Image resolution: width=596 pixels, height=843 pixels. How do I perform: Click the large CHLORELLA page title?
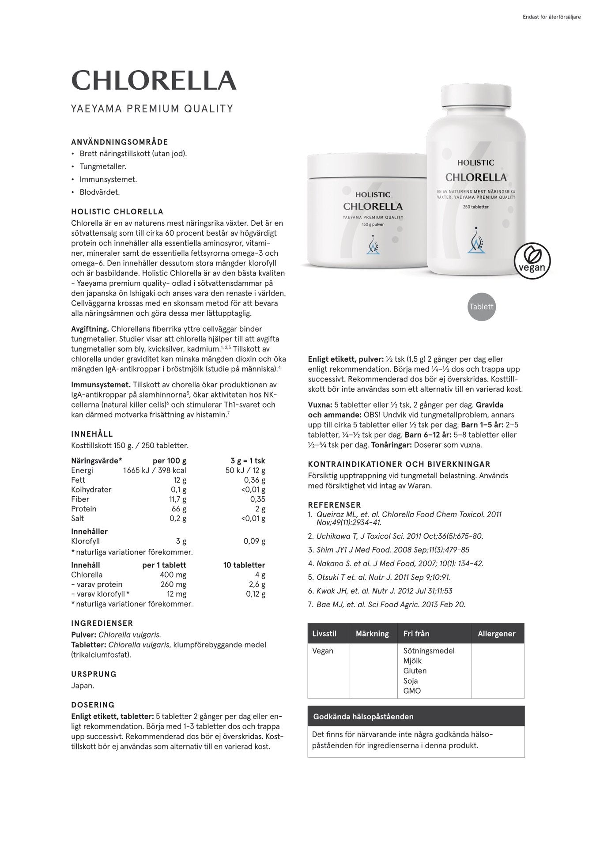pyautogui.click(x=154, y=80)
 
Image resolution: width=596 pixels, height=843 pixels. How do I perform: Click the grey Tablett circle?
pyautogui.click(x=481, y=306)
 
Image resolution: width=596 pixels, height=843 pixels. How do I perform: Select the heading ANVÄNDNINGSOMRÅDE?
pyautogui.click(x=120, y=142)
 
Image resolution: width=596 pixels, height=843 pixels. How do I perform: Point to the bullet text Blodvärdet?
pyautogui.click(x=99, y=192)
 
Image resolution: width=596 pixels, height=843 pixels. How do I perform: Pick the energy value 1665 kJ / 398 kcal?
pyautogui.click(x=155, y=470)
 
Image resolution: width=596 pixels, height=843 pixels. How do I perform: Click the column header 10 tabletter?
pyautogui.click(x=244, y=565)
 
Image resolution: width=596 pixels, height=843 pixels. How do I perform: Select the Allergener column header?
pyautogui.click(x=497, y=634)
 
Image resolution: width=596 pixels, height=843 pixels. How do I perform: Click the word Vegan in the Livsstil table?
pyautogui.click(x=323, y=650)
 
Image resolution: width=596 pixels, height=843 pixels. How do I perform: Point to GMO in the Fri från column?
pyautogui.click(x=412, y=691)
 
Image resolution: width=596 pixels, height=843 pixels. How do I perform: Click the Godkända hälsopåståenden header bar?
pyautogui.click(x=416, y=716)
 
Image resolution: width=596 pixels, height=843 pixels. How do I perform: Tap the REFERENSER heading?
pyautogui.click(x=334, y=505)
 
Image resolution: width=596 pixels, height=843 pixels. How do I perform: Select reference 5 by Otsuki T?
pyautogui.click(x=383, y=577)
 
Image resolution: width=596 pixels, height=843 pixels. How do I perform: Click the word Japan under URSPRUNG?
pyautogui.click(x=83, y=686)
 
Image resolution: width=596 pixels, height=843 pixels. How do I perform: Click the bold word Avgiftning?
pyautogui.click(x=90, y=329)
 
